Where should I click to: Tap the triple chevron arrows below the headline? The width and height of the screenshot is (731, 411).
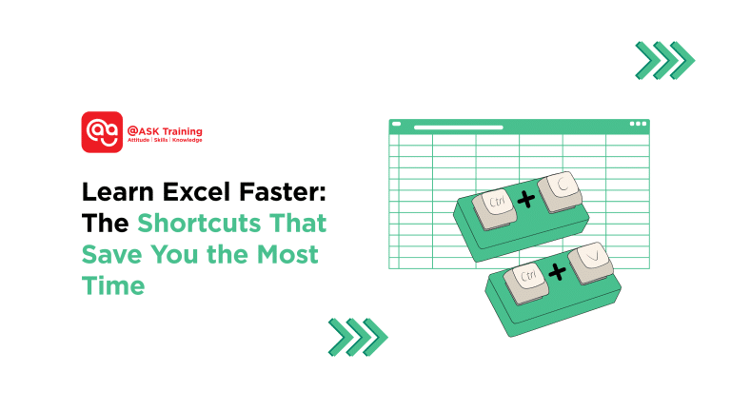click(x=357, y=336)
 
